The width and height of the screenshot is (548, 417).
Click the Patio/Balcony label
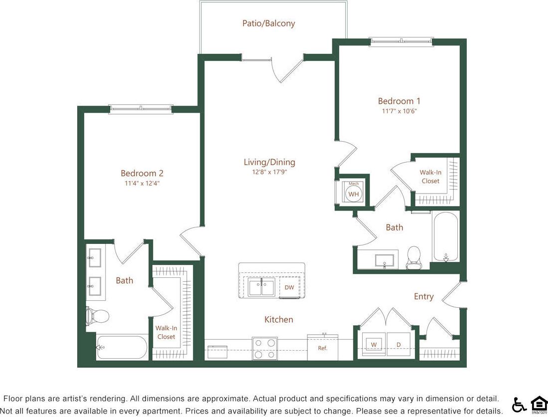pos(269,23)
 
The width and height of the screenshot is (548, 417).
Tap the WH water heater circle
pos(354,194)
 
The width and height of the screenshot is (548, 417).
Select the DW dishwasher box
pos(289,287)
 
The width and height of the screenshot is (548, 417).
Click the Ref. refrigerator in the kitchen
pos(323,347)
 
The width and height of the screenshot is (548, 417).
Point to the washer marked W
pos(373,344)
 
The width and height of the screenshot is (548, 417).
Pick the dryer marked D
pos(398,344)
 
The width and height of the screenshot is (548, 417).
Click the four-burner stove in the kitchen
pos(265,348)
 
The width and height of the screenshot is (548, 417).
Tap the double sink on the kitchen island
pos(262,287)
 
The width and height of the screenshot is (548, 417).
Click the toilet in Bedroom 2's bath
pos(99,316)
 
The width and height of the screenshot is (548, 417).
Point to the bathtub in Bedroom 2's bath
pos(122,347)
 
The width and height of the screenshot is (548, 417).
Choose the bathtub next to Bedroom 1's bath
pos(445,237)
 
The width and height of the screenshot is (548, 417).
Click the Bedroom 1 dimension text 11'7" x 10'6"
pos(399,111)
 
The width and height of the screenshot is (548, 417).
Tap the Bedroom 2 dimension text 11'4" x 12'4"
pos(142,183)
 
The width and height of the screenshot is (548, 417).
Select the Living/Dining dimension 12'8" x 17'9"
pos(269,172)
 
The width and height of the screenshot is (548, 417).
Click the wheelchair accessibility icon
pos(519,405)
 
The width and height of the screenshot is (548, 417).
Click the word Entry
pos(423,296)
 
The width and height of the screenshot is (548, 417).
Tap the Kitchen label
pos(278,319)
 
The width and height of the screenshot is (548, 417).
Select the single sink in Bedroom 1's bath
pos(384,260)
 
